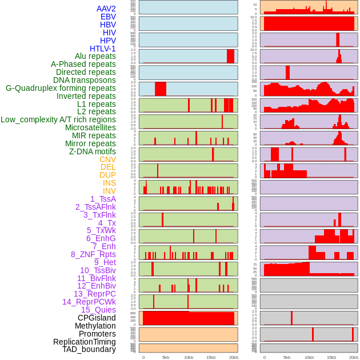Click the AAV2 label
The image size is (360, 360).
(x=106, y=9)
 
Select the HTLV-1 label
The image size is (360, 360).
(x=102, y=49)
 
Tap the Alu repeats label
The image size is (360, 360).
(x=95, y=56)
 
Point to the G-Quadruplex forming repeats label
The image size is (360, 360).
(x=61, y=88)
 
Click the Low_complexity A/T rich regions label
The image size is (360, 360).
(x=58, y=119)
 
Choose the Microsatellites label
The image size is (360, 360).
(x=90, y=127)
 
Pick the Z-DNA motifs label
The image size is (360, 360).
(x=93, y=151)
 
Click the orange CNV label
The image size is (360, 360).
(x=107, y=159)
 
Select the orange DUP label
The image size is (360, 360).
(x=107, y=175)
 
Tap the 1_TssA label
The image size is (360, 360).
(x=103, y=199)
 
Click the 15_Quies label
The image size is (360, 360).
(x=98, y=310)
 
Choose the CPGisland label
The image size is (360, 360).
(x=97, y=318)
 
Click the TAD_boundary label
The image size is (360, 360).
(x=89, y=349)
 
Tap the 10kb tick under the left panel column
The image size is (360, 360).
(x=189, y=357)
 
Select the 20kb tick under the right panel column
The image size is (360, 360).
(x=354, y=357)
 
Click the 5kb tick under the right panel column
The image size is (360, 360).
(x=287, y=357)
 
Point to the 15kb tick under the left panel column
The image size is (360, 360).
(x=211, y=357)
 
